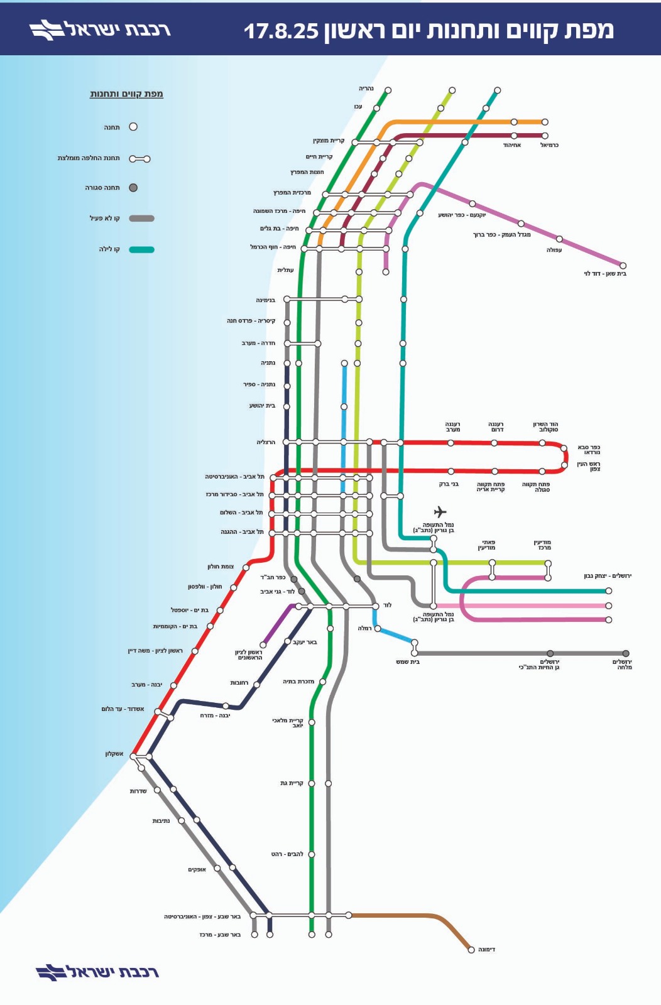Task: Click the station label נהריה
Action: tap(366, 89)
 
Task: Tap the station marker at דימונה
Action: tap(471, 949)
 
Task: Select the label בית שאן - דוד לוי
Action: tap(605, 274)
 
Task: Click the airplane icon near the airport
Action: tap(440, 511)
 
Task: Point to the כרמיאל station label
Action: tap(550, 145)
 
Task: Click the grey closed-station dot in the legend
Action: tap(133, 188)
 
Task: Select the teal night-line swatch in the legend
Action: tap(142, 249)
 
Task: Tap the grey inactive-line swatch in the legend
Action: tap(142, 219)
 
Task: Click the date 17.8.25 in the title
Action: tap(281, 31)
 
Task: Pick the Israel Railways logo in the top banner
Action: tap(100, 30)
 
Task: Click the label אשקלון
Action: tap(114, 753)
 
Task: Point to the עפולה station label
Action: tap(554, 250)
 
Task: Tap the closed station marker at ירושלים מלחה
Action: tap(626, 653)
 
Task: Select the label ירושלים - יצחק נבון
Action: tap(607, 575)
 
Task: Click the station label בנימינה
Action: tap(266, 300)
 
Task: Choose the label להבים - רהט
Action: tap(287, 854)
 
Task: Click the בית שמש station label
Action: tap(408, 662)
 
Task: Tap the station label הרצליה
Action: tap(266, 442)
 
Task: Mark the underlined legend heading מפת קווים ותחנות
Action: tap(126, 94)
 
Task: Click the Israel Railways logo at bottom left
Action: tap(97, 972)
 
